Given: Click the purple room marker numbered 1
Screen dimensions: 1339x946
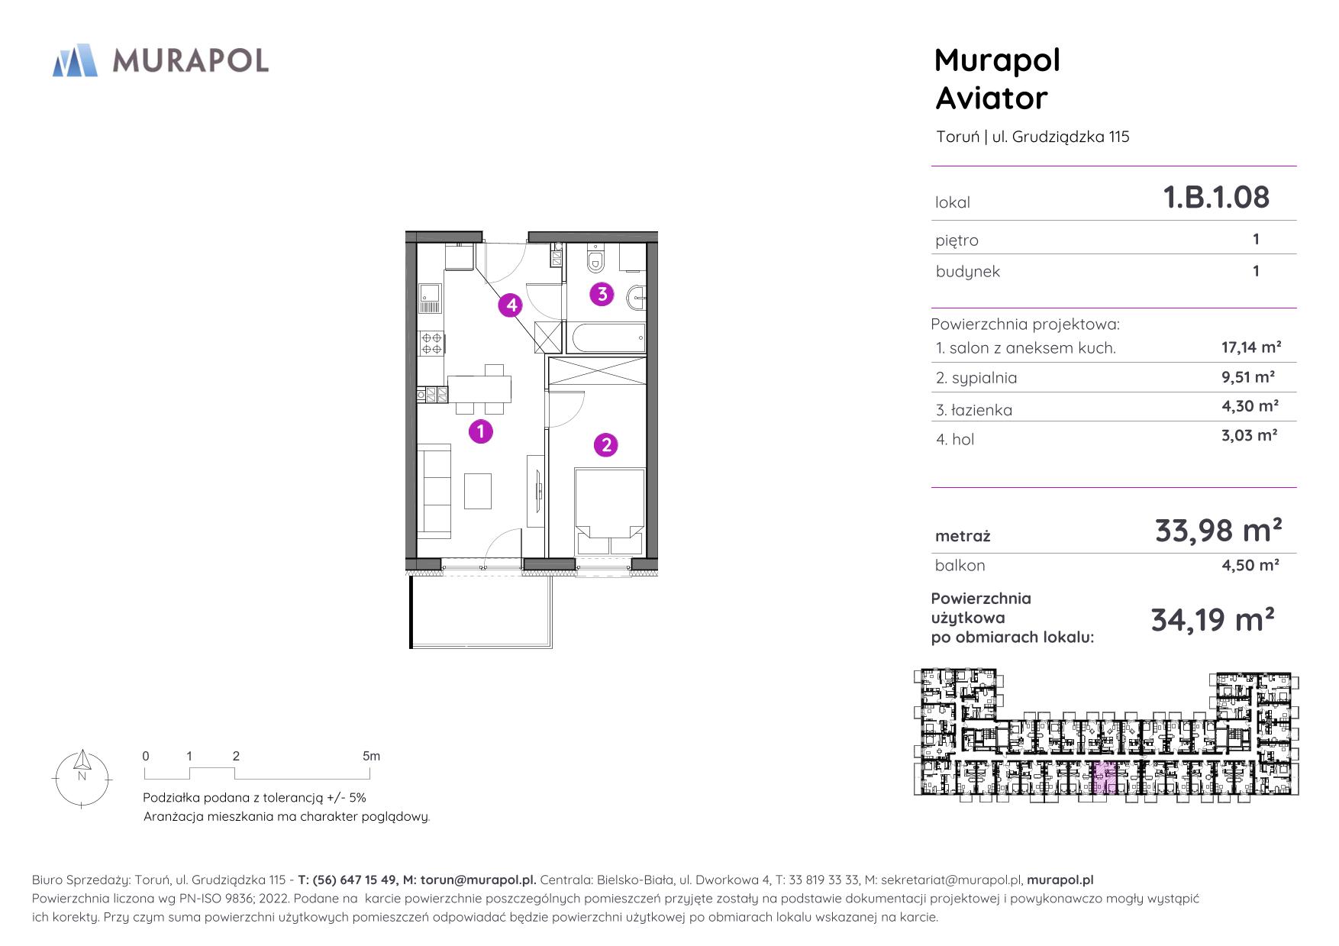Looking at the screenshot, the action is (480, 431).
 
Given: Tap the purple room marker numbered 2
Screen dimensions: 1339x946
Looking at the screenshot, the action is (606, 444).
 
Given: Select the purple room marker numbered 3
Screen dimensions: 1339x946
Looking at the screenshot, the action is (602, 293).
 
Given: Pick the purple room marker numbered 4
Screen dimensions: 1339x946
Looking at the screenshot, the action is (511, 305).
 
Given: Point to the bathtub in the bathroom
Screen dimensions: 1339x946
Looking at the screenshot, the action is (605, 338).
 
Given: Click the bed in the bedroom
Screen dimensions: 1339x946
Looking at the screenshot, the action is (609, 512).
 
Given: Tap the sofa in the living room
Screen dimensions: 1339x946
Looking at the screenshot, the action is (434, 489).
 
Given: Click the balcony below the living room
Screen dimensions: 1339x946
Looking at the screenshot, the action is (481, 611).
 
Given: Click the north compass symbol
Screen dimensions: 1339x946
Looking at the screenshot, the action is (82, 776).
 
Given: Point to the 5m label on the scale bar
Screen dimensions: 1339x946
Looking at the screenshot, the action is (371, 756).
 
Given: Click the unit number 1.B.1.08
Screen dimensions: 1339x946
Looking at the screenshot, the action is (1216, 197).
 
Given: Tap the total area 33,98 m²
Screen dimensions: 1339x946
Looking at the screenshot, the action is (1218, 529).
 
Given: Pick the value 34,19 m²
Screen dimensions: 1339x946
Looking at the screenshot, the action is (1212, 619).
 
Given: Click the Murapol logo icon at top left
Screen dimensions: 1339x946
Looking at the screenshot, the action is (75, 60).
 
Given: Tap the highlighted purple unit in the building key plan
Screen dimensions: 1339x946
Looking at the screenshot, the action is (1102, 777).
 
